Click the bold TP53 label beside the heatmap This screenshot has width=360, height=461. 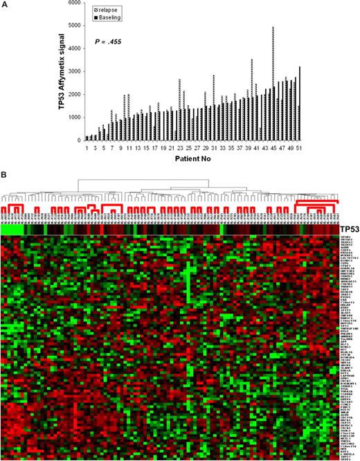348,229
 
